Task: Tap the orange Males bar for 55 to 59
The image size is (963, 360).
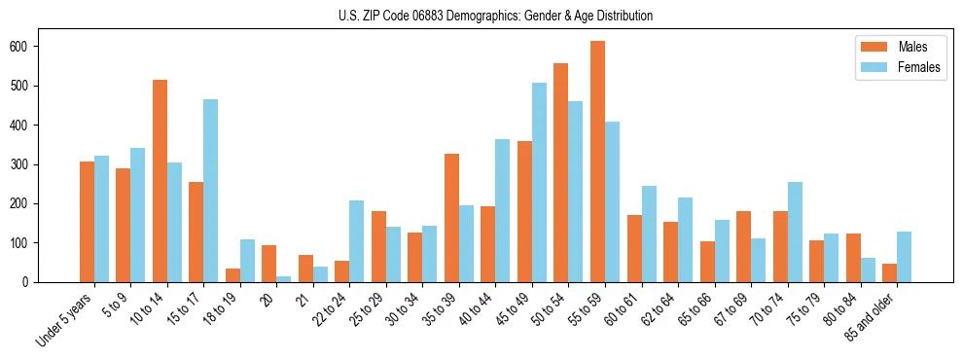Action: tap(597, 162)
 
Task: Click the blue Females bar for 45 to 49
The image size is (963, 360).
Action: tap(539, 183)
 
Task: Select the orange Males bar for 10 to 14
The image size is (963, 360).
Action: tap(160, 181)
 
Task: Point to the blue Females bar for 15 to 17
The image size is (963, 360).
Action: tap(210, 191)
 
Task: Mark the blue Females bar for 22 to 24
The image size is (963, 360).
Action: tap(357, 241)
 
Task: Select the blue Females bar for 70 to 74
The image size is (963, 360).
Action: tap(795, 232)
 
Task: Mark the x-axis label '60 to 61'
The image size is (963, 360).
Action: tap(622, 309)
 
